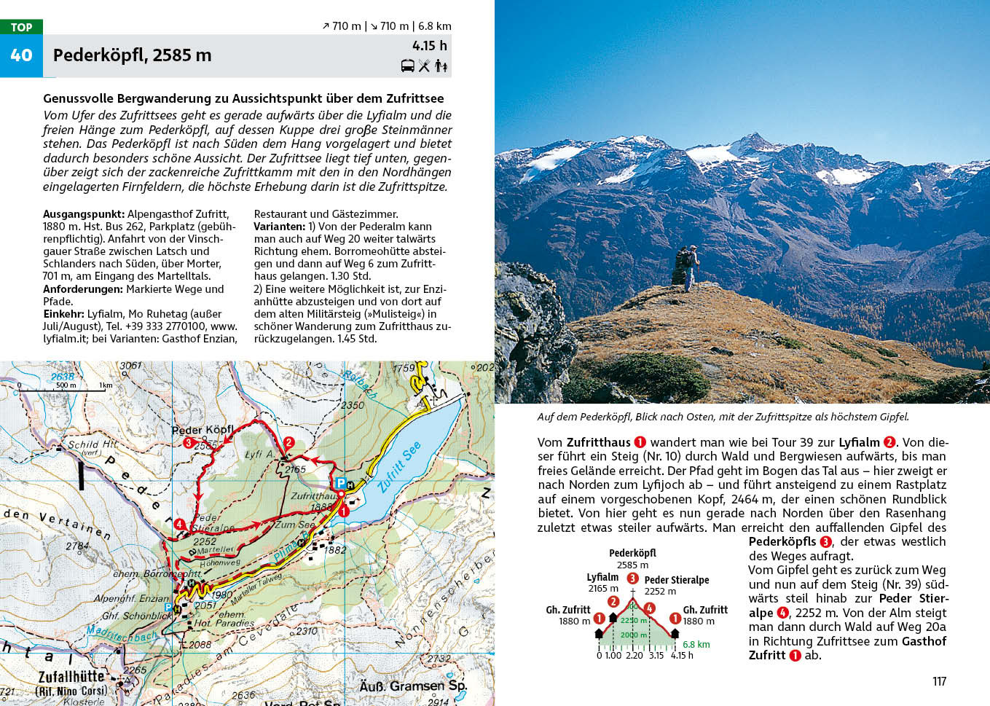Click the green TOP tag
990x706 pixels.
[x=21, y=27]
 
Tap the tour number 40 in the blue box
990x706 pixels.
[x=21, y=55]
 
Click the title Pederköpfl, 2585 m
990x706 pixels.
[x=132, y=55]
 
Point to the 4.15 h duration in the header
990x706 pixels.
[x=429, y=46]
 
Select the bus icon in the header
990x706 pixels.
[x=408, y=66]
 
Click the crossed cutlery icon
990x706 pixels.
[x=425, y=66]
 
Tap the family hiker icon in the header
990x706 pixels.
[x=441, y=66]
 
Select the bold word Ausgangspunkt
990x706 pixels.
[x=84, y=214]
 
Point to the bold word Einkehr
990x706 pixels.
[x=63, y=314]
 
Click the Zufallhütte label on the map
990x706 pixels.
[x=71, y=676]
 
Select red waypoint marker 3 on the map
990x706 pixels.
[x=188, y=442]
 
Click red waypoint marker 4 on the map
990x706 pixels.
[x=179, y=524]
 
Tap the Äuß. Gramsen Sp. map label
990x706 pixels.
[x=412, y=686]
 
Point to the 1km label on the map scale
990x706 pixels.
[x=106, y=385]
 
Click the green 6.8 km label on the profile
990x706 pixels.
[x=696, y=644]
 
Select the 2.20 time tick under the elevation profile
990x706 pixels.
[x=634, y=655]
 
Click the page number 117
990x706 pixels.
[x=939, y=681]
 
